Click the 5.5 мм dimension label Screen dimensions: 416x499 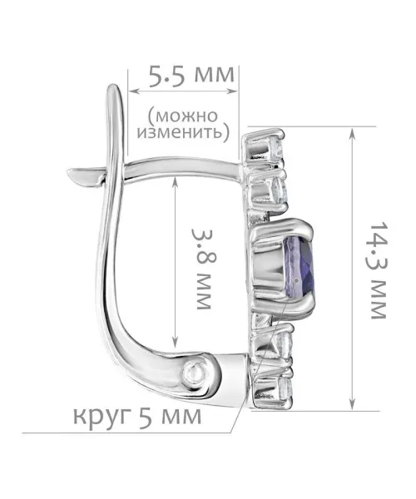191,76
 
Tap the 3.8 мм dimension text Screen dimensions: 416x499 202,269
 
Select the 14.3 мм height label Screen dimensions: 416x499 379,270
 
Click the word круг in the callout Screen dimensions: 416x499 102,417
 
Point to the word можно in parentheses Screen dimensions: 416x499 183,116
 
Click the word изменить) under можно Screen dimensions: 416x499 183,131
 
